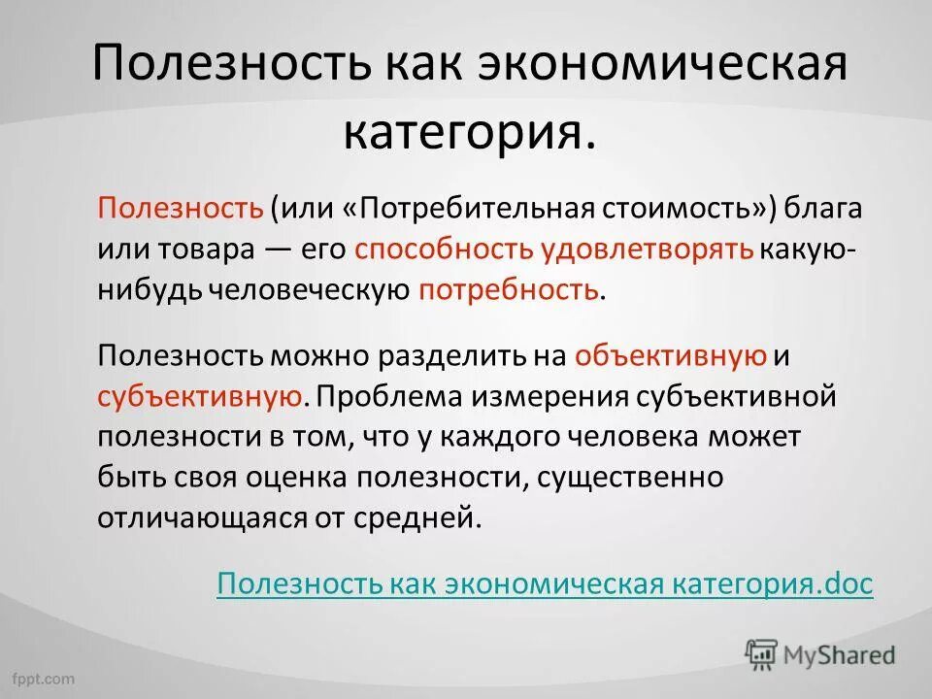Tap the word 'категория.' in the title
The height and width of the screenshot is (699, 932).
point(467,131)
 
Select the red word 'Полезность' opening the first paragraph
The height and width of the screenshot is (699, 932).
point(180,209)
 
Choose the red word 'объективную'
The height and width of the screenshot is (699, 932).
point(670,356)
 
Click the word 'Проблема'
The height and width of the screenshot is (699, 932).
point(377,396)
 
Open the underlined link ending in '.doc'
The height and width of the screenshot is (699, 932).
point(545,583)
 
